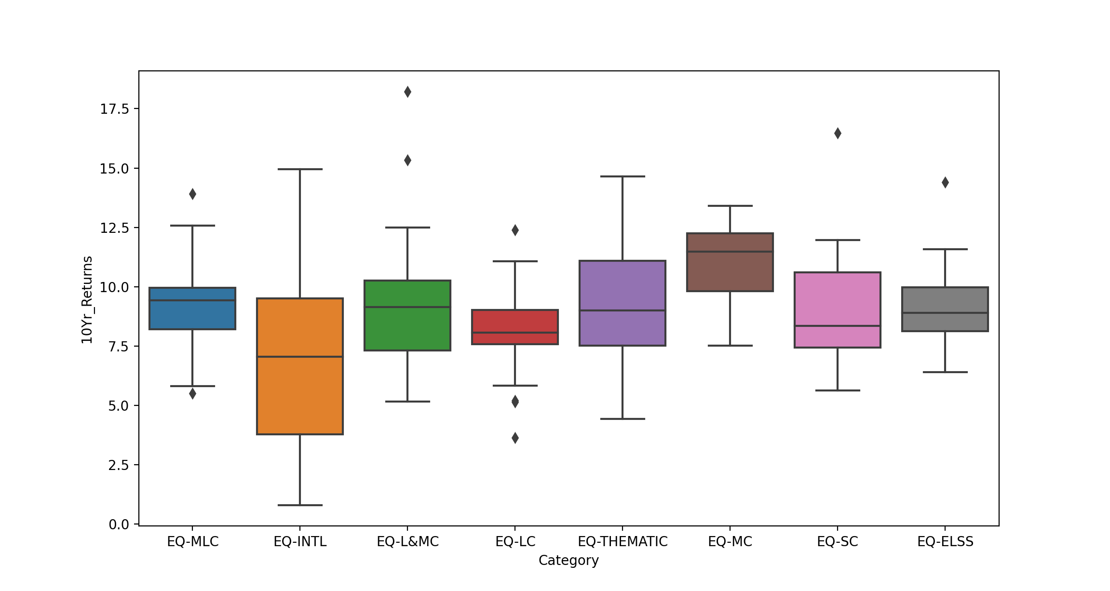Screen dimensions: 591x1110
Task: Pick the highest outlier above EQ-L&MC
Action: [407, 92]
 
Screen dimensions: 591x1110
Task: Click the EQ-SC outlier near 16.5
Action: [838, 133]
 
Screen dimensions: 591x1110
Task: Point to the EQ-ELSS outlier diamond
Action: [945, 182]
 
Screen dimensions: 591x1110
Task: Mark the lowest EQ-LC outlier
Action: [515, 438]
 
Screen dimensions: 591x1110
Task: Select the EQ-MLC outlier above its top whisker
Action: [192, 194]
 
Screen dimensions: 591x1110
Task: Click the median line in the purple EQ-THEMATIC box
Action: [623, 310]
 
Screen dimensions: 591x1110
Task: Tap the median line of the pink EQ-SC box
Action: [838, 326]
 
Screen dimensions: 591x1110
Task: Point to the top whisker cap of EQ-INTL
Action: [300, 169]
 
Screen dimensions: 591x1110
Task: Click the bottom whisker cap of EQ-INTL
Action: [300, 505]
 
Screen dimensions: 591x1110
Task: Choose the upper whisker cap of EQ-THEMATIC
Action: [623, 176]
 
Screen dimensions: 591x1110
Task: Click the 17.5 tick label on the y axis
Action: [115, 109]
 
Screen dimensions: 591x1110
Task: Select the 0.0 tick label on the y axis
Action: [119, 524]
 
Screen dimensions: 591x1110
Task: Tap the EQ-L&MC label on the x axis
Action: [407, 542]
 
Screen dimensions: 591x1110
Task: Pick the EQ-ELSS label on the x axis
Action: [945, 542]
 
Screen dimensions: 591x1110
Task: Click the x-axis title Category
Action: [569, 560]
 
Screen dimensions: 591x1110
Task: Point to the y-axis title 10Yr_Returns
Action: [87, 300]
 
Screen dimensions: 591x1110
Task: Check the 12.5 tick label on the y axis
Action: [115, 228]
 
